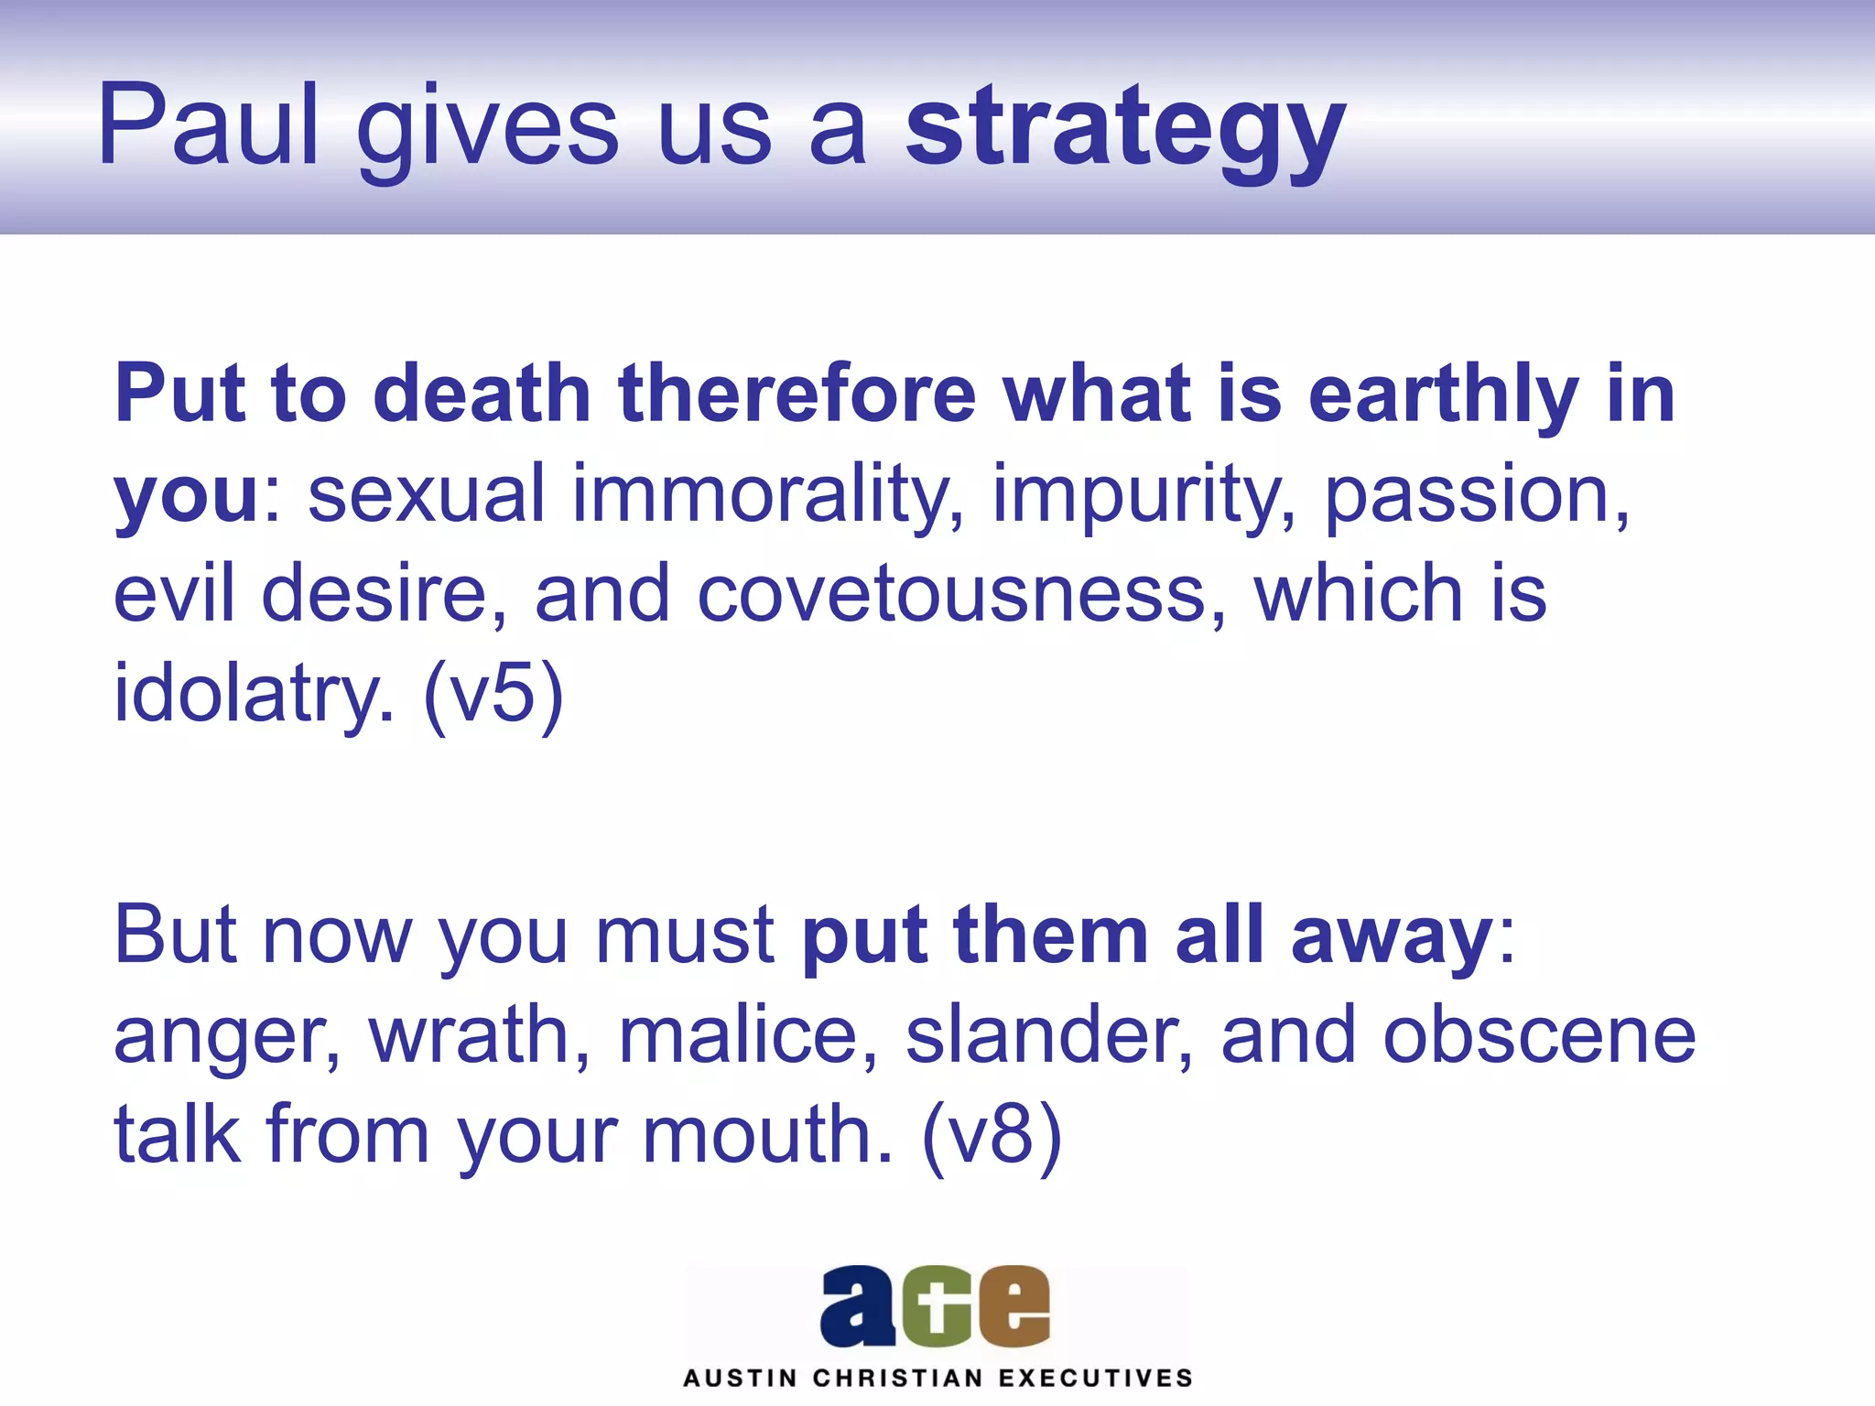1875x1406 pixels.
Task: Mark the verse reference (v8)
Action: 992,1135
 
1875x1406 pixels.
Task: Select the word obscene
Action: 1539,1035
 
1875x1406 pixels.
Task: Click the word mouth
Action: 767,1135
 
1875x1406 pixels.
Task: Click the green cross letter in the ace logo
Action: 935,1306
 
